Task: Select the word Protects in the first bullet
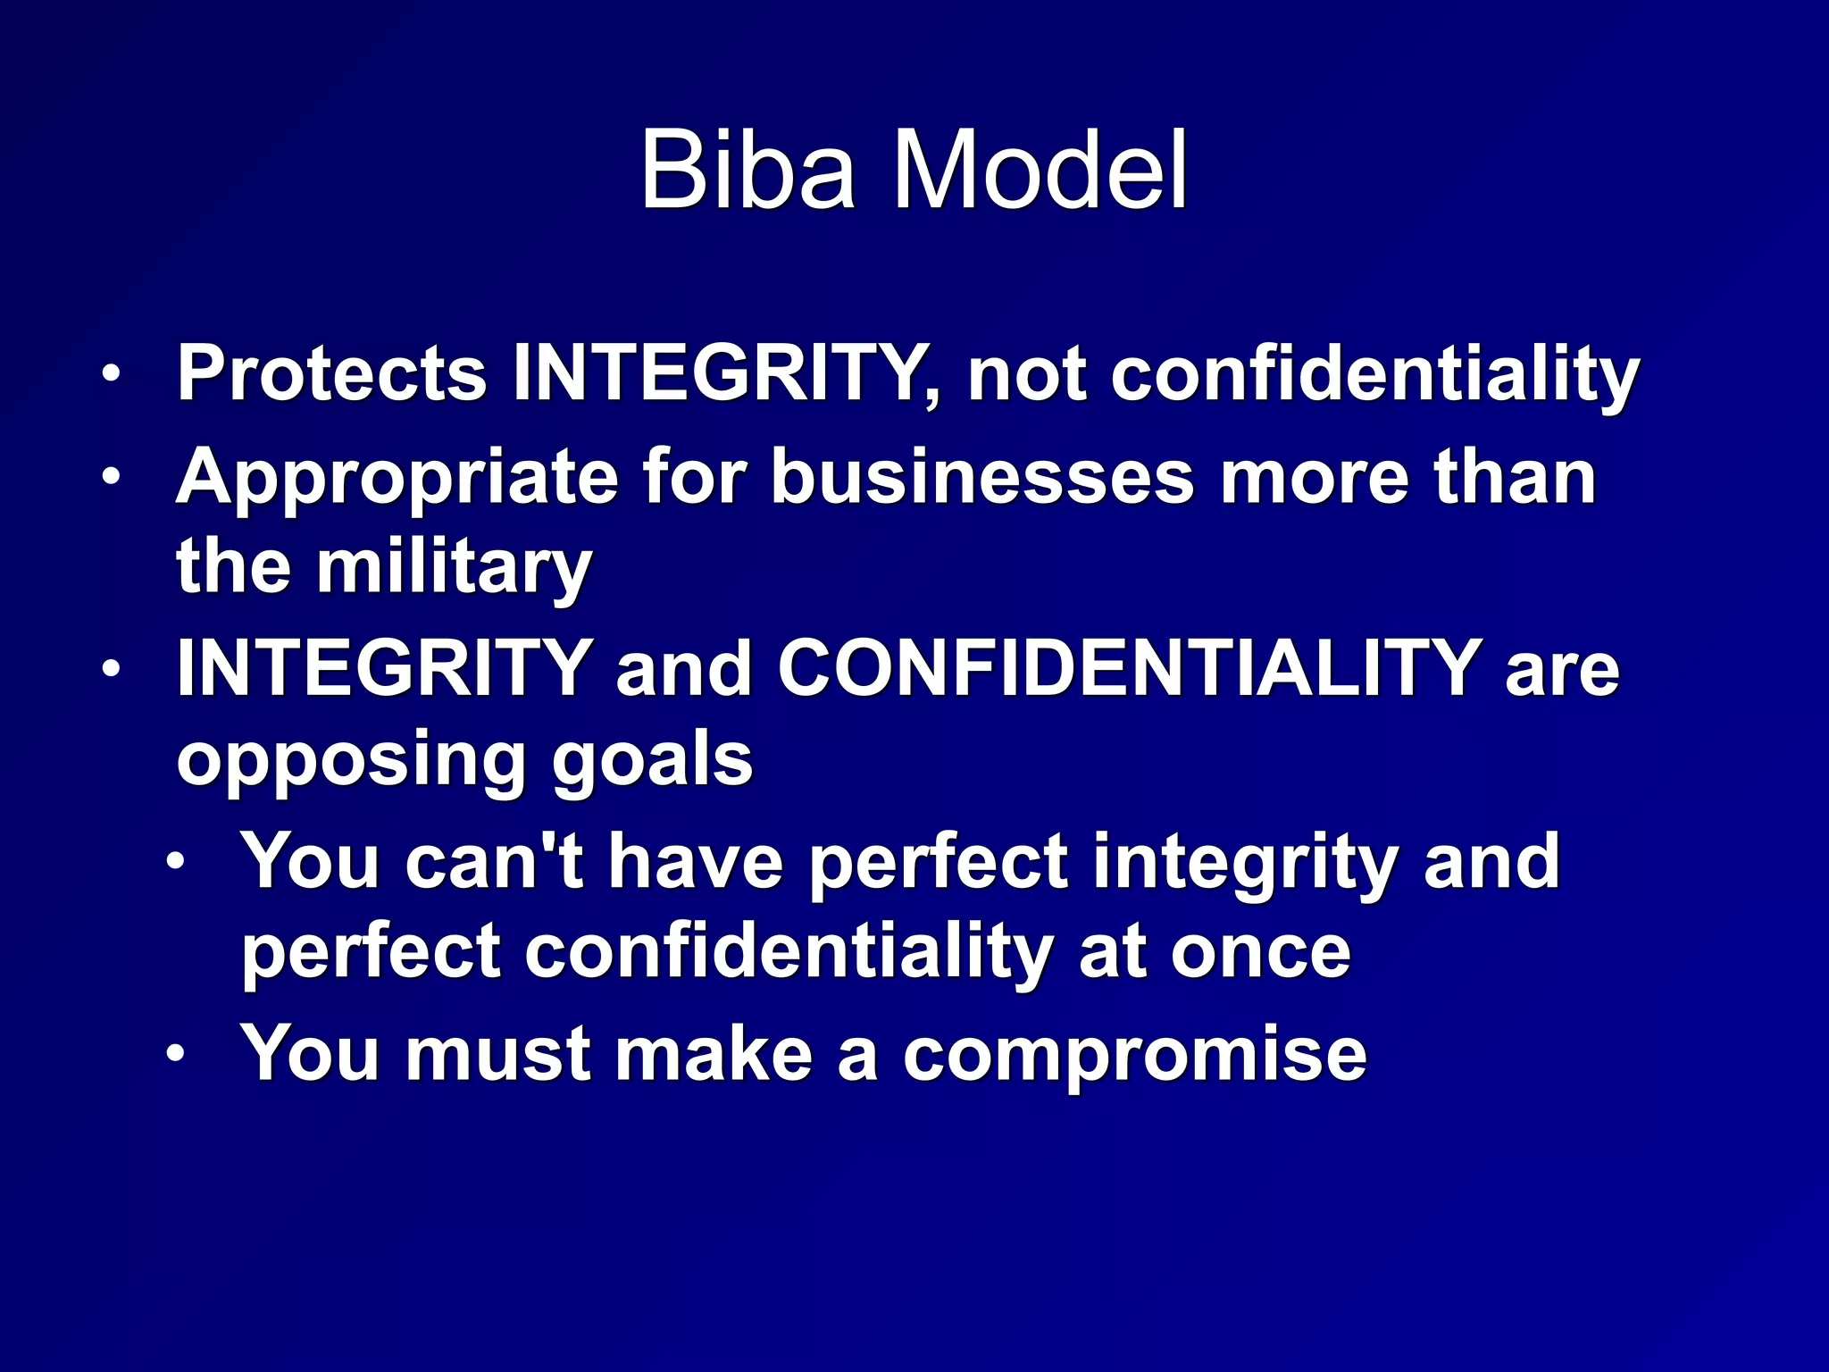coord(331,374)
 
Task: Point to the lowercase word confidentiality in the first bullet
coord(1374,376)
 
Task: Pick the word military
coord(454,568)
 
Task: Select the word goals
coord(652,762)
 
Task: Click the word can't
coord(494,861)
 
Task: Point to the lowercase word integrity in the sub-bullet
coord(1245,863)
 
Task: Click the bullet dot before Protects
coord(110,373)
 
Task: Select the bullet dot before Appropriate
coord(110,476)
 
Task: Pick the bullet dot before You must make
coord(175,1054)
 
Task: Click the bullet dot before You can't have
coord(175,861)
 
